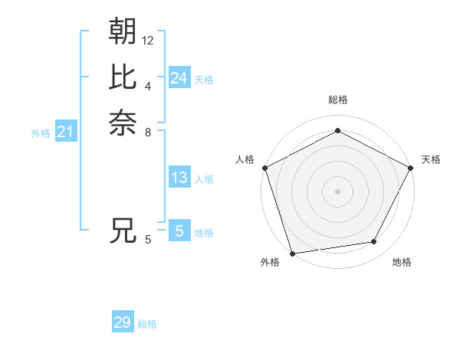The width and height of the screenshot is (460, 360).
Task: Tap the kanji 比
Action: coord(123,77)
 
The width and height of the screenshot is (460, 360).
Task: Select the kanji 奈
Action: coord(123,123)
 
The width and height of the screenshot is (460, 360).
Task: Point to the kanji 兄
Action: coord(123,231)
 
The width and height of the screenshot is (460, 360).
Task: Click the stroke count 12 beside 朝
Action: coord(148,40)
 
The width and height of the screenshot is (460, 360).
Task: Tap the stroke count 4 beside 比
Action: coord(148,86)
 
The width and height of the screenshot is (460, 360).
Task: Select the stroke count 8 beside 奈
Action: coord(148,132)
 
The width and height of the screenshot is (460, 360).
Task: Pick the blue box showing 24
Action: coord(179,77)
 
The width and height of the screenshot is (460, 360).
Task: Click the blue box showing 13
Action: coord(179,178)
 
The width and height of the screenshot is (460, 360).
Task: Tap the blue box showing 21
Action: coord(66,133)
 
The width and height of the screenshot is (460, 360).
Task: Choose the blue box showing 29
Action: coord(123,322)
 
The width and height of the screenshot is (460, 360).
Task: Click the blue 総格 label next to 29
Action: coord(147,324)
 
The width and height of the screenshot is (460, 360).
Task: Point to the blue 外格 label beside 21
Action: coord(41,133)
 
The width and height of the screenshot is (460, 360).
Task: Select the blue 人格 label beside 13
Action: coord(204,179)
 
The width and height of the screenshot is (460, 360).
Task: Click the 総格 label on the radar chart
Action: coord(337,100)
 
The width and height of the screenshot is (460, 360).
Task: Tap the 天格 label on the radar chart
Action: coord(431,159)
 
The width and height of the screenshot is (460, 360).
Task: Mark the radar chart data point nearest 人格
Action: coord(264,168)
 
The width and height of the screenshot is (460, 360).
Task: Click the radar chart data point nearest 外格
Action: coord(292,253)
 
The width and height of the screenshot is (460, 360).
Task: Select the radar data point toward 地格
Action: coord(374,242)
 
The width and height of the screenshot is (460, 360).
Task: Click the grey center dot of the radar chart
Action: coord(337,191)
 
